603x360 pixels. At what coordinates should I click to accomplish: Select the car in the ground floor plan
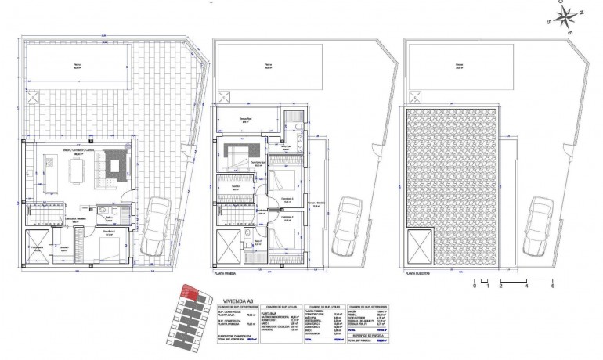coord(159,221)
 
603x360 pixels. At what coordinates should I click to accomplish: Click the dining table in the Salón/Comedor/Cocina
coord(78,167)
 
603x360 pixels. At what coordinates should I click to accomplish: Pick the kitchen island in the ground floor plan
coord(47,167)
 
